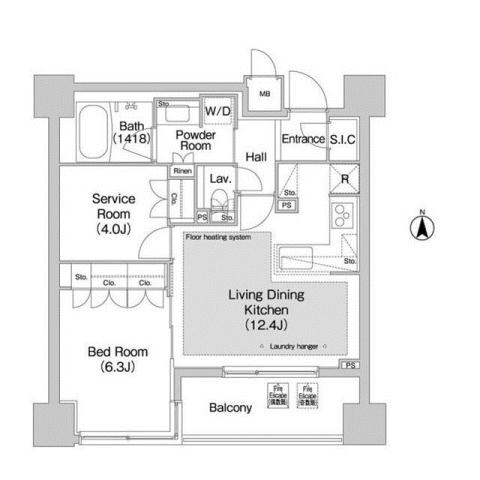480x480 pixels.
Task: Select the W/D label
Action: [217, 111]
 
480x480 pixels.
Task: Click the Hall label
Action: [256, 157]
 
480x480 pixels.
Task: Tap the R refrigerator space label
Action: [345, 180]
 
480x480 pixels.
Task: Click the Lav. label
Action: [220, 179]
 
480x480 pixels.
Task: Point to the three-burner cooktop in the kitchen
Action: [341, 215]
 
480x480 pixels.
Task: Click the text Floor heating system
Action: [218, 238]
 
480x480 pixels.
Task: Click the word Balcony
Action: [230, 408]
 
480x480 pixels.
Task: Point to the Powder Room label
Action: [195, 139]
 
